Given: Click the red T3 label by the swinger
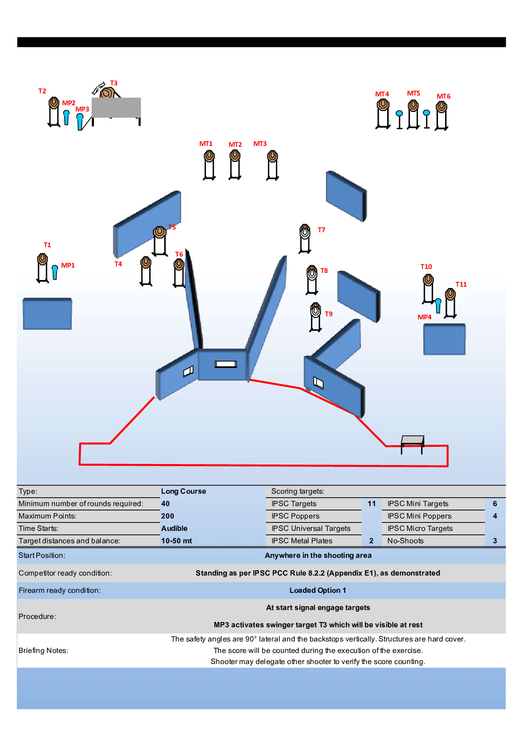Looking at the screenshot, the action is (x=114, y=83).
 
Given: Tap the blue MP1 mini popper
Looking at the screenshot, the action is (x=55, y=273).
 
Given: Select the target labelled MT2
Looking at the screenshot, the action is (x=235, y=165).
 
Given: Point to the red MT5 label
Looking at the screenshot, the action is (x=414, y=93).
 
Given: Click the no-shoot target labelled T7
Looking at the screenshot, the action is (x=305, y=238).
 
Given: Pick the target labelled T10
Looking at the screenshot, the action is (x=428, y=289).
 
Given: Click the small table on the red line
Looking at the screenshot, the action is (x=413, y=444).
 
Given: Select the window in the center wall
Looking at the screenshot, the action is (x=226, y=365).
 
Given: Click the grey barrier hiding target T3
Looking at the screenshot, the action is (x=116, y=108).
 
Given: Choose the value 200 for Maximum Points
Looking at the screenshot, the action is (x=167, y=516).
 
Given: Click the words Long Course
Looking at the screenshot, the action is (x=183, y=491).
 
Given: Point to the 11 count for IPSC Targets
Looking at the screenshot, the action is (x=372, y=504).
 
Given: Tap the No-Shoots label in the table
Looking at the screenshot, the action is (x=406, y=541).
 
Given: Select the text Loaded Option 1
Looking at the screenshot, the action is (x=318, y=590).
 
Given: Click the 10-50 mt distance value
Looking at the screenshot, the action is (x=176, y=541).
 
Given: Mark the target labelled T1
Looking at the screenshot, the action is (x=43, y=268).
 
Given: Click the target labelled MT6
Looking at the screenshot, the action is (x=442, y=116).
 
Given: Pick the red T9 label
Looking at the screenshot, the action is (x=329, y=314).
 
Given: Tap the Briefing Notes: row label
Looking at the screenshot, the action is (x=43, y=650).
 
